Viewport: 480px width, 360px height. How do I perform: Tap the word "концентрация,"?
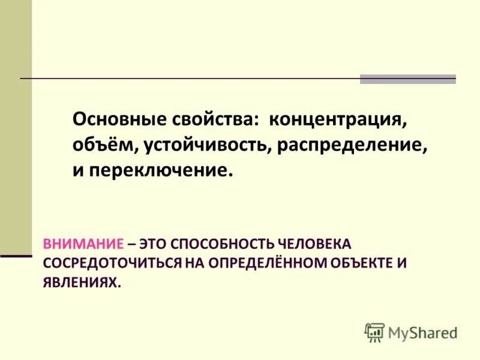pos(338,119)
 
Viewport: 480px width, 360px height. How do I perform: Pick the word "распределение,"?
pos(352,145)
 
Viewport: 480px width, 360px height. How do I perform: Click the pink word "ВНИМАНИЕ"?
pos(83,244)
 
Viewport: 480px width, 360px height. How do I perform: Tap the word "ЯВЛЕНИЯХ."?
pos(82,283)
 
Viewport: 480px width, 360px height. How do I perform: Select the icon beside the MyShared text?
pos(374,332)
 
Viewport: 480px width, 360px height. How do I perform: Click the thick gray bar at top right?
pos(407,79)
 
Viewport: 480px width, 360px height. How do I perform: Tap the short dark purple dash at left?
pos(16,256)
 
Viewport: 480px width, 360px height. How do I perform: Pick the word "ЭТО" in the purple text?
pos(152,244)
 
